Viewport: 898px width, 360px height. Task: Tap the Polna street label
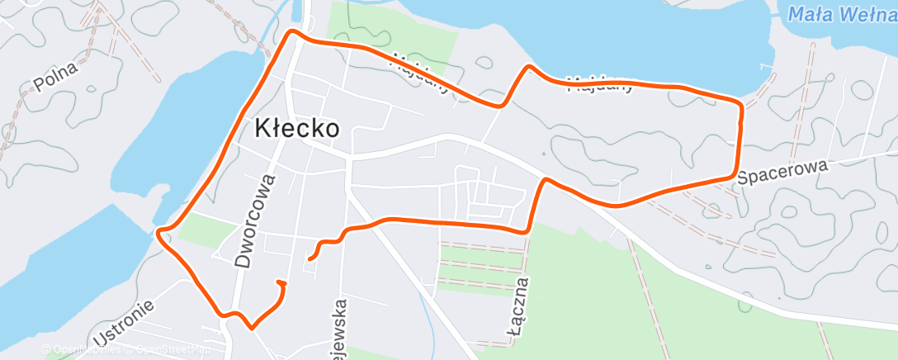tap(55, 77)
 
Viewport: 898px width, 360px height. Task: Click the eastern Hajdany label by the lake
tap(600, 83)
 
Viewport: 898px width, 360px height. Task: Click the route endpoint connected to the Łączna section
tap(310, 259)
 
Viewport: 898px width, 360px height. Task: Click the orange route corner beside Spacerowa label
tap(734, 176)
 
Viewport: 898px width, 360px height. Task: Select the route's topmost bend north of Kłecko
tap(291, 33)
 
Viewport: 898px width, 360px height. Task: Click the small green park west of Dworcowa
tap(196, 229)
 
